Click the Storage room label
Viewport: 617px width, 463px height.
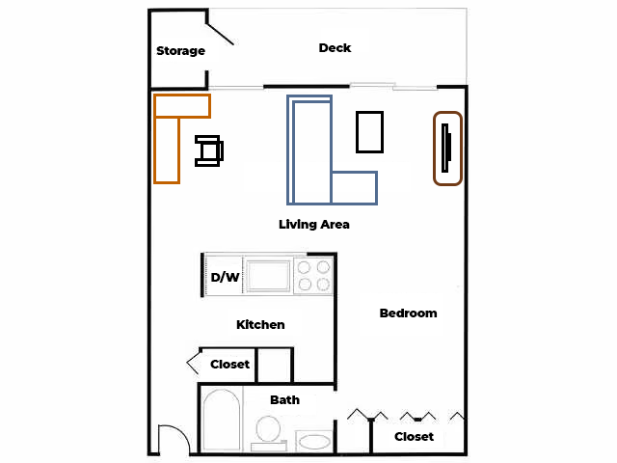(180, 51)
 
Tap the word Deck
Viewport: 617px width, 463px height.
(335, 48)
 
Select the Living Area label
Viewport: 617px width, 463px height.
(314, 225)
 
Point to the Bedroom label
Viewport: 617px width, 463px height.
(408, 313)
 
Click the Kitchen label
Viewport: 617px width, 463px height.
(260, 324)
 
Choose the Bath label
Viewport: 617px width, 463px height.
(285, 400)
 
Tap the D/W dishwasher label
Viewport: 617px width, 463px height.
(225, 277)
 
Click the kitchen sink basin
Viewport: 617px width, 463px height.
(268, 275)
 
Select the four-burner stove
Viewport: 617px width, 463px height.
(313, 275)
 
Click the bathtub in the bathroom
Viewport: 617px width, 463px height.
(222, 420)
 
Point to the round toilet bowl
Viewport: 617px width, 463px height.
(268, 428)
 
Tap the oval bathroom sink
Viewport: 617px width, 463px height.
(314, 442)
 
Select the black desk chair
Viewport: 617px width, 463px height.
(209, 150)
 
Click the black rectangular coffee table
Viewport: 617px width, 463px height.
(369, 132)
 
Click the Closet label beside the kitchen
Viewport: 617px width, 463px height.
(229, 365)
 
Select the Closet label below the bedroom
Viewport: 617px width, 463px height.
(414, 437)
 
